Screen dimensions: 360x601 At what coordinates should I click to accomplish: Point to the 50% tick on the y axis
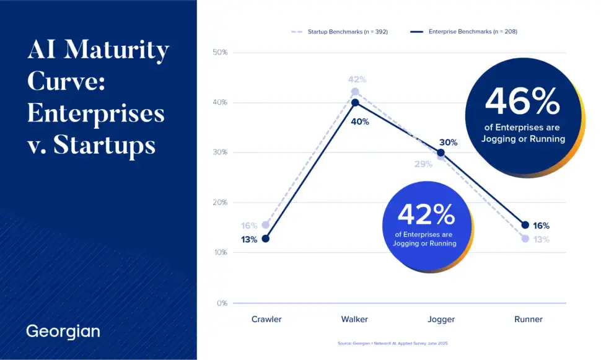coord(220,53)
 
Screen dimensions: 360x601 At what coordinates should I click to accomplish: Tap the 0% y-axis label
coord(222,304)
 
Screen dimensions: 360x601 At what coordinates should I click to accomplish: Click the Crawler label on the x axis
coord(266,320)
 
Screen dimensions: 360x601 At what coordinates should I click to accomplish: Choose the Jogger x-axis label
coord(441,320)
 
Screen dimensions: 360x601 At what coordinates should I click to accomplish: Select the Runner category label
coord(528,320)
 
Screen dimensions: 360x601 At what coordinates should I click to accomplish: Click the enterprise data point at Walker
coord(355,103)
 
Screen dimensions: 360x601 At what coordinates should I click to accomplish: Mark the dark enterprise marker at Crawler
coord(266,239)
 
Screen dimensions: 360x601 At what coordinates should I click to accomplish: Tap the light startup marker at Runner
coord(525,239)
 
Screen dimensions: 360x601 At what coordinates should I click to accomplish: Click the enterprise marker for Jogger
coord(441,153)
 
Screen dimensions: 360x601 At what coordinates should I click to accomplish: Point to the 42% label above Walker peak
coord(357,80)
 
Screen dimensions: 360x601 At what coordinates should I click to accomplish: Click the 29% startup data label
coord(424,165)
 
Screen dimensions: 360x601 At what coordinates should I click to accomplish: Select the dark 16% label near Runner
coord(541,226)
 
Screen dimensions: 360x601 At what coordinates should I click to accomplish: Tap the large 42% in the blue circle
coord(426,215)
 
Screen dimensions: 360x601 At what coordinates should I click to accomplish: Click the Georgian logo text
coord(63,331)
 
